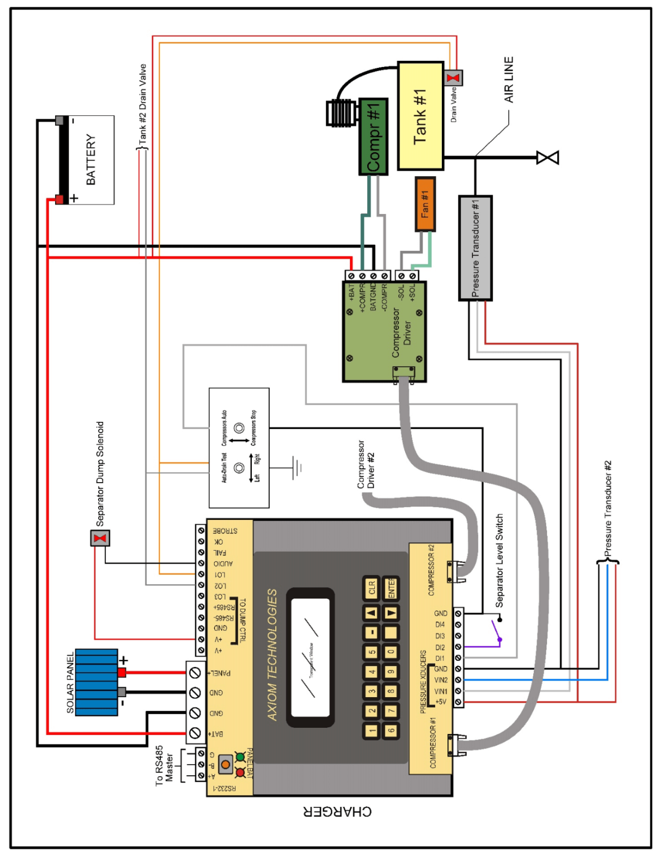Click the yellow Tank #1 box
click(421, 116)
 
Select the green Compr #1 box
click(373, 137)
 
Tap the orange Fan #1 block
click(425, 204)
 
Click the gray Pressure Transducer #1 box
click(475, 248)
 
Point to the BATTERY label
click(91, 160)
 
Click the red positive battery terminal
click(60, 199)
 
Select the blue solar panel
click(96, 682)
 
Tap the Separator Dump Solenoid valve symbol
click(100, 538)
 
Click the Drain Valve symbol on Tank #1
click(454, 77)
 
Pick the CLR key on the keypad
click(372, 587)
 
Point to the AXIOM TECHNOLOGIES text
click(272, 655)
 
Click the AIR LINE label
click(509, 80)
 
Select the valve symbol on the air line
click(547, 158)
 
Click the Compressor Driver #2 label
click(366, 465)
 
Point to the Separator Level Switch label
click(500, 560)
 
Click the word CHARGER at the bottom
click(337, 811)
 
